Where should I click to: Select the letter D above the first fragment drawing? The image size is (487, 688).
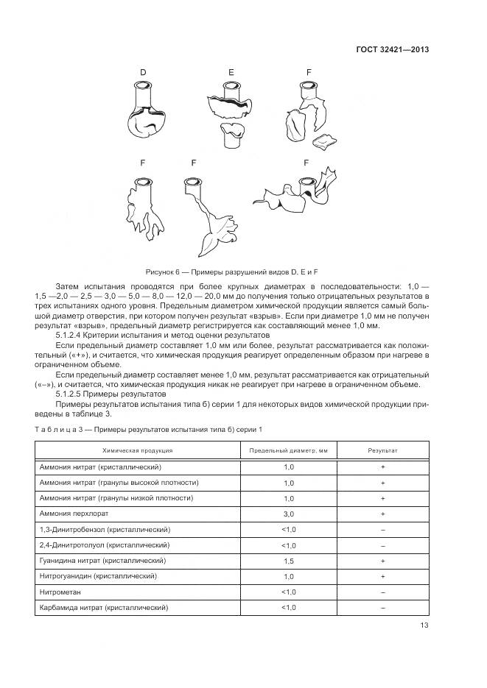click(x=143, y=71)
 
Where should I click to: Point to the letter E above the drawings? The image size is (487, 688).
click(x=231, y=71)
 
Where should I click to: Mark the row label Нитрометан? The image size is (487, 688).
click(x=60, y=592)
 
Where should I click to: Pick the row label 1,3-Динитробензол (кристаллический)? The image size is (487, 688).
click(x=105, y=529)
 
